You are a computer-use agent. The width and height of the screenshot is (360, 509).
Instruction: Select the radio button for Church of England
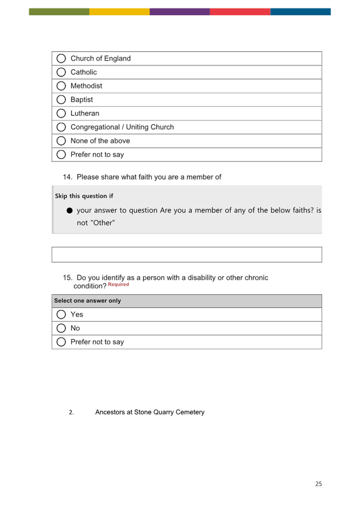pos(61,59)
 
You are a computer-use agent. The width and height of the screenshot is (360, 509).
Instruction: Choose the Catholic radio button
pos(61,72)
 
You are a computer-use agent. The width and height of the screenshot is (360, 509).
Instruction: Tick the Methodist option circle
pos(61,86)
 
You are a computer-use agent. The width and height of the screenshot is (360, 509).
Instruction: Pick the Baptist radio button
pos(61,100)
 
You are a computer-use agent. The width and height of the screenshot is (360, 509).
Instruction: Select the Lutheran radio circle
pos(61,114)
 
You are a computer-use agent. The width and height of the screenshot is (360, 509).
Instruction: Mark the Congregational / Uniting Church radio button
pos(61,127)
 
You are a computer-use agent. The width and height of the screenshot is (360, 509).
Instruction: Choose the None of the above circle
pos(61,141)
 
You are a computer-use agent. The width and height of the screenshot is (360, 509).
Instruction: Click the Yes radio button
pos(61,314)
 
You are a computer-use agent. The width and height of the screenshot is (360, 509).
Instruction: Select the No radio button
pos(61,328)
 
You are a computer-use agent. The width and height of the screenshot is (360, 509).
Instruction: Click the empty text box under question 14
pos(187,255)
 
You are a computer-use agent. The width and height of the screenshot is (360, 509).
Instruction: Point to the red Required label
pos(118,285)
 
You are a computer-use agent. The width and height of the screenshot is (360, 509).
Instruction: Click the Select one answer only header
pos(87,301)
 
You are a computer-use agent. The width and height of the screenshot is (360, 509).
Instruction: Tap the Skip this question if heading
pos(84,196)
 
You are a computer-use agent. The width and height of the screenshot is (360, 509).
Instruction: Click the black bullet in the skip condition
pos(69,211)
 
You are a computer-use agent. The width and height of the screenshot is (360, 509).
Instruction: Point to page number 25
pos(318,484)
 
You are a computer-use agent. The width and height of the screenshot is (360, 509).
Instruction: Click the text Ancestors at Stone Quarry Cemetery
pos(150,412)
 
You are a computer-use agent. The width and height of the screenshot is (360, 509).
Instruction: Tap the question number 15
pos(67,278)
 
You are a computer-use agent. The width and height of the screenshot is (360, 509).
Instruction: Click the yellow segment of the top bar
pos(119,11)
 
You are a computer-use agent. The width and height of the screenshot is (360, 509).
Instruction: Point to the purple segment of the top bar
pos(180,11)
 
